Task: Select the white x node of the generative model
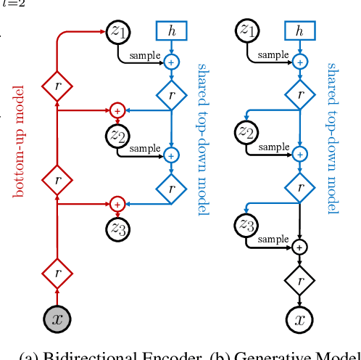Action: (299, 318)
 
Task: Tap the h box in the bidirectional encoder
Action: (171, 31)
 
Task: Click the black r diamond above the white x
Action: (299, 279)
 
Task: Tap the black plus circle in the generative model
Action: (299, 247)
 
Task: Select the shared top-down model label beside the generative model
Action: (332, 138)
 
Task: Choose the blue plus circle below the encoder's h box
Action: (171, 62)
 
